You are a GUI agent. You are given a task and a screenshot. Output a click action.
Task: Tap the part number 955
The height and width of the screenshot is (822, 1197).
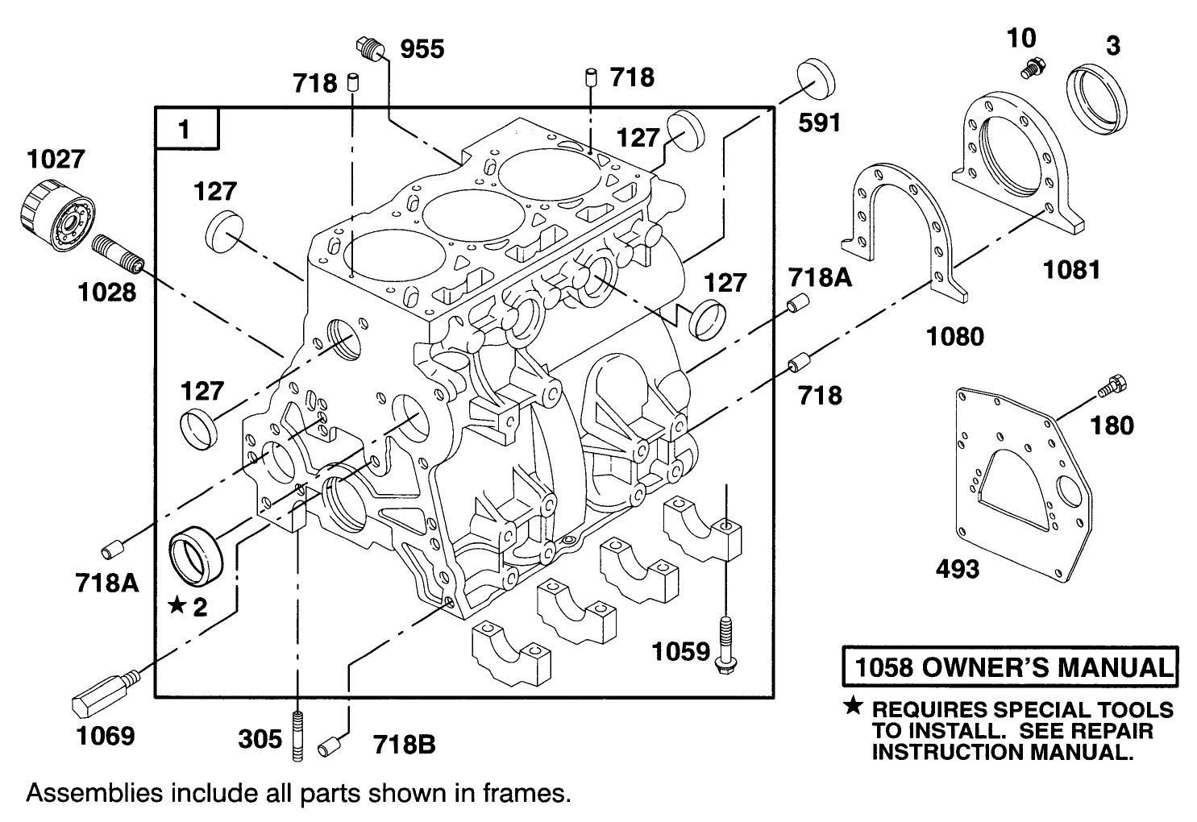(422, 49)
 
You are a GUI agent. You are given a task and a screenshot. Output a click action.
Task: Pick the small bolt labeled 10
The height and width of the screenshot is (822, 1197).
(1030, 68)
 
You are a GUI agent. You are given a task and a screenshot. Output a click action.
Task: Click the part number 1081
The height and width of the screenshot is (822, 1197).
(1071, 269)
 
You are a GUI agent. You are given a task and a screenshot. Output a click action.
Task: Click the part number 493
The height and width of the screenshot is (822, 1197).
(958, 569)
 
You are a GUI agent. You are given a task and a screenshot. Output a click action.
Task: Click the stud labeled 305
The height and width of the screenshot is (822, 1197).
(298, 734)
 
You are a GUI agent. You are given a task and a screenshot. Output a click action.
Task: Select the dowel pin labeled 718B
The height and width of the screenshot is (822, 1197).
(328, 746)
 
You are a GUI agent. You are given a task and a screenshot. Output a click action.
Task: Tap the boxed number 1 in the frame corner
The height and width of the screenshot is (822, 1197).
(186, 128)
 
